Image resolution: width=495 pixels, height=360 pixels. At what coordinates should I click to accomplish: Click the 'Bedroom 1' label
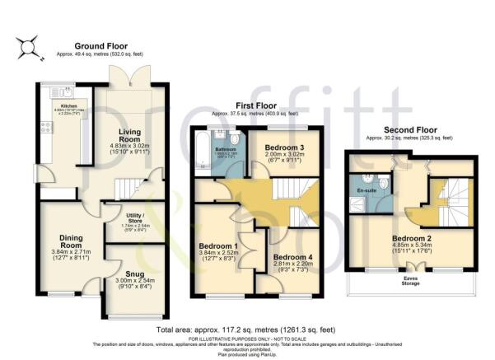coord(218,245)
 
